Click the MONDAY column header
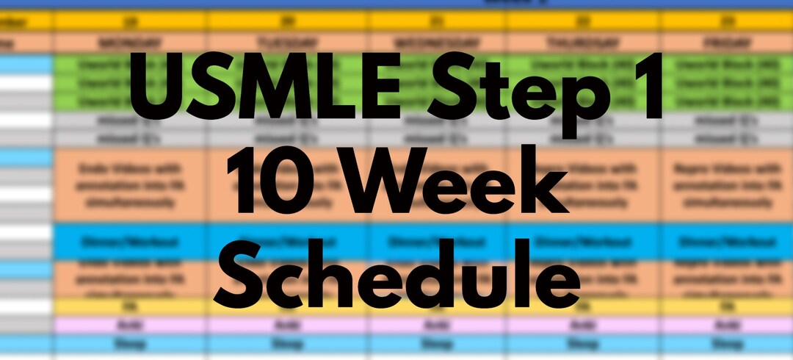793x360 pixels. (x=130, y=43)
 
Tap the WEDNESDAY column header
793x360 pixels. (x=437, y=43)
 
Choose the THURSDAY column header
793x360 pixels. (x=583, y=43)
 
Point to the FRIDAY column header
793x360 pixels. (x=727, y=43)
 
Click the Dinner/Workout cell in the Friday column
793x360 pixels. (x=727, y=240)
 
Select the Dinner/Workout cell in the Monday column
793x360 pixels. (x=130, y=240)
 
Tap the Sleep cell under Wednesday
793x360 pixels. (x=437, y=343)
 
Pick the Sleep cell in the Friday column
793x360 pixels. (x=727, y=343)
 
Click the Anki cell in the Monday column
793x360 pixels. (x=130, y=324)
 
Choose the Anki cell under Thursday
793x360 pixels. (x=583, y=324)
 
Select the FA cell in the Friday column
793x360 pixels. (x=727, y=306)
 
